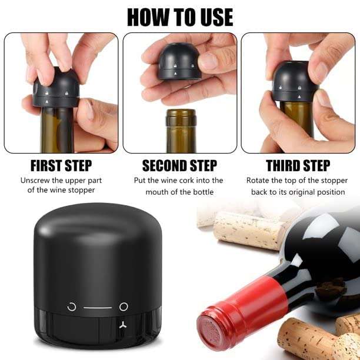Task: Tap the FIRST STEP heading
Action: pos(61,165)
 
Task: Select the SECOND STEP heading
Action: pos(179,165)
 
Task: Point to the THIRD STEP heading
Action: pos(299,165)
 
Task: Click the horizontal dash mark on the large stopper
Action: pos(97,307)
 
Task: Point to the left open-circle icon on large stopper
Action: pos(72,306)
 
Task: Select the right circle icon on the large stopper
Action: pos(124,306)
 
